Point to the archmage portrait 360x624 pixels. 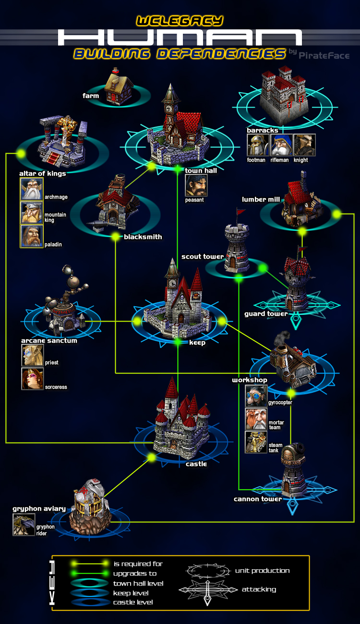tap(31, 189)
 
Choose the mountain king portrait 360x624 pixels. tap(31, 212)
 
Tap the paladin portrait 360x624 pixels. tap(31, 236)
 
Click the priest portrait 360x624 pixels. tap(32, 355)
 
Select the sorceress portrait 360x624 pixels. tap(32, 379)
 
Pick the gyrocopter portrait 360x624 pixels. tap(256, 396)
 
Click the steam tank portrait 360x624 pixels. tap(256, 442)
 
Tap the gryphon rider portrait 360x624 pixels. tap(24, 525)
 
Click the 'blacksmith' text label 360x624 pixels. tap(143, 237)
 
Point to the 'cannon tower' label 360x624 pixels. tap(258, 499)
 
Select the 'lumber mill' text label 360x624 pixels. tap(261, 199)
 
